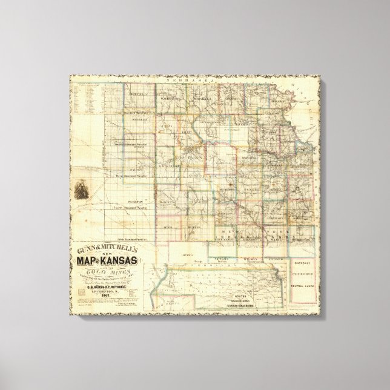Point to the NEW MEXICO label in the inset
coord(187,298)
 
